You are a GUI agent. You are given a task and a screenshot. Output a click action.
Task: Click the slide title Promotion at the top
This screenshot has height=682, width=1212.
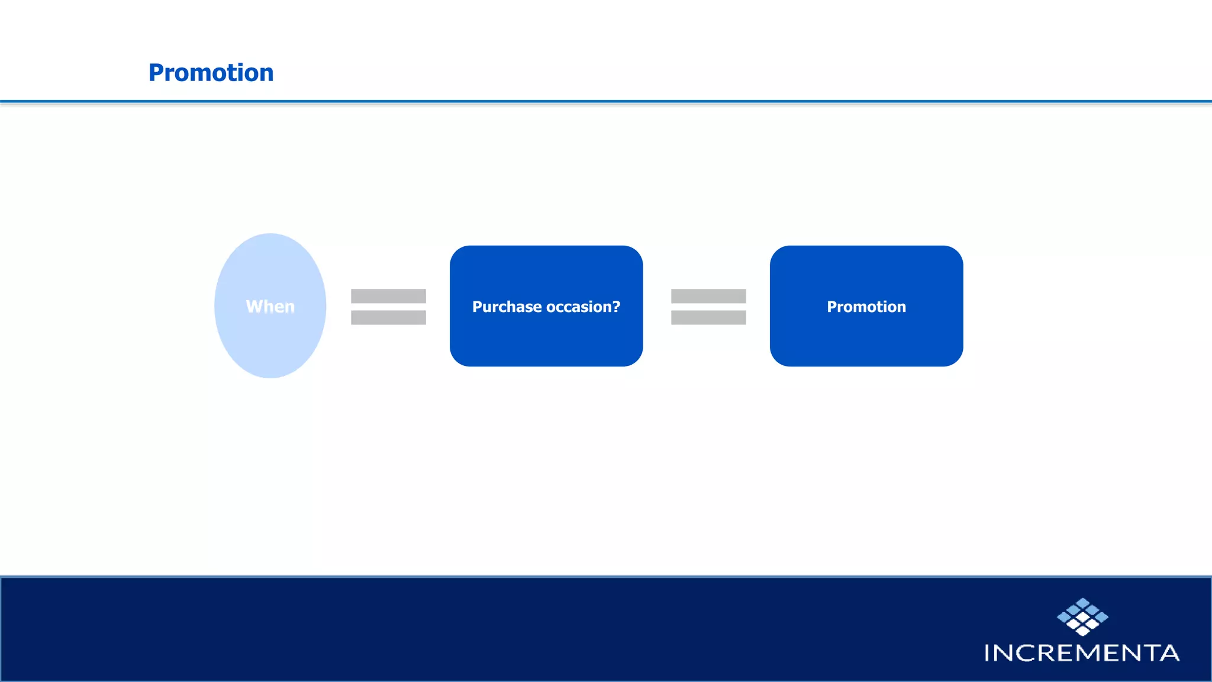(x=211, y=73)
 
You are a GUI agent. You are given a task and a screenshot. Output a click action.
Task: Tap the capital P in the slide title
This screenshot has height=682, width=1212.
(x=156, y=73)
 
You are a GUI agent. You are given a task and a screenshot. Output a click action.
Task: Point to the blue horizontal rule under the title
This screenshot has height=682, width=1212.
(x=606, y=102)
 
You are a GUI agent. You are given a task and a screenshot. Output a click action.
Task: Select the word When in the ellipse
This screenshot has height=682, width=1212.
(x=270, y=307)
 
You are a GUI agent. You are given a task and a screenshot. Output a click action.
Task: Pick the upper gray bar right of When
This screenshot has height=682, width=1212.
(x=388, y=296)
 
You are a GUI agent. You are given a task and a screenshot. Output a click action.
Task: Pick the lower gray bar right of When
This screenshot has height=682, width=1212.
(x=388, y=318)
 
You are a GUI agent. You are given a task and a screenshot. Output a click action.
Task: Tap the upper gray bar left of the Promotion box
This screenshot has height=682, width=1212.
(x=708, y=296)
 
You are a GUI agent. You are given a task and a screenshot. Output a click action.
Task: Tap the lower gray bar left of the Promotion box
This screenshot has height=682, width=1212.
(x=708, y=318)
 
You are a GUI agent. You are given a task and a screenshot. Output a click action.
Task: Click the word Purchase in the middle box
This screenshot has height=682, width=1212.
(x=507, y=307)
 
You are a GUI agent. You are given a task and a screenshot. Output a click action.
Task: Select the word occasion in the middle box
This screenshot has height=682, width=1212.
(x=579, y=307)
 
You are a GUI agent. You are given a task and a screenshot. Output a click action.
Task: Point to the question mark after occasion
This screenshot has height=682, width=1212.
(x=617, y=307)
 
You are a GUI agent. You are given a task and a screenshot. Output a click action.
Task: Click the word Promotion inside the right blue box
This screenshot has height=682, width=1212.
(x=866, y=307)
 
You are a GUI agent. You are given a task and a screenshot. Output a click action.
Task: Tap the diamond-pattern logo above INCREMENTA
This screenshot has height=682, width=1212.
(x=1082, y=617)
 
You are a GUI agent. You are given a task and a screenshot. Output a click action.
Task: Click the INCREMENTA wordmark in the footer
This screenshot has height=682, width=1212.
(x=1082, y=653)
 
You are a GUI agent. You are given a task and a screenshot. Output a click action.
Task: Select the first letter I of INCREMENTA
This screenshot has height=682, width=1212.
(x=987, y=653)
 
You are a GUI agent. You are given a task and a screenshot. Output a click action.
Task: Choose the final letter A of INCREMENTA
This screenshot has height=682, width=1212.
(x=1169, y=653)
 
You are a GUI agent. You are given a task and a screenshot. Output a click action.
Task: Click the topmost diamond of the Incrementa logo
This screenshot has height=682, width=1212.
(x=1082, y=603)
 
